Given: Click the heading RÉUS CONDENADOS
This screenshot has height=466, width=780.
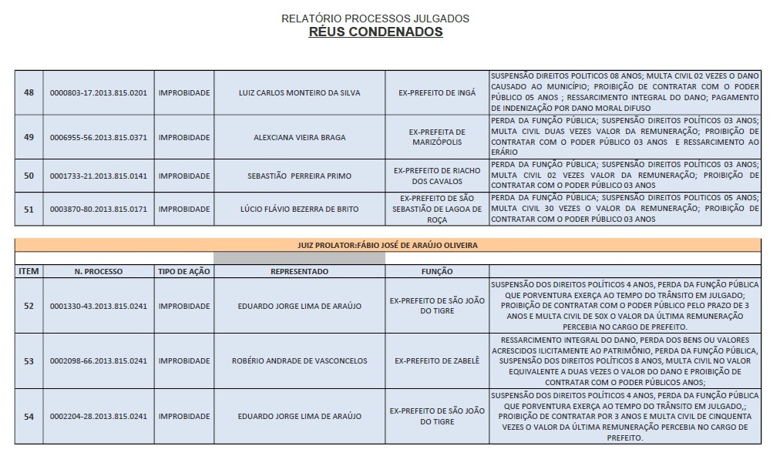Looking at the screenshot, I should [375, 32].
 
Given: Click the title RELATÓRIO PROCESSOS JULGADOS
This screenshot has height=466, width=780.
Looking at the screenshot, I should [375, 18].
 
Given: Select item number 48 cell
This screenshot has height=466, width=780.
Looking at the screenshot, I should [29, 93].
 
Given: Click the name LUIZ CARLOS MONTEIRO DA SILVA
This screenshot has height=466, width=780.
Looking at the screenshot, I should [299, 93].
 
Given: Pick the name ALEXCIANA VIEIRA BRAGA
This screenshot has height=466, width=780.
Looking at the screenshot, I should [299, 138].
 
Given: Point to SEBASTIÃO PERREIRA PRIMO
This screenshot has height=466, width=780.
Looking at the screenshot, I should [299, 176].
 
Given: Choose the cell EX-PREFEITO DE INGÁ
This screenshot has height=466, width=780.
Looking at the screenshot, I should [437, 93].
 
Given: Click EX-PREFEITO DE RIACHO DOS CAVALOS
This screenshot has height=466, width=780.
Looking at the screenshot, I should [437, 176].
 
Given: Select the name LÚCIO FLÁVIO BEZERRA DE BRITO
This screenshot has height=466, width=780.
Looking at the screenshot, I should [299, 210].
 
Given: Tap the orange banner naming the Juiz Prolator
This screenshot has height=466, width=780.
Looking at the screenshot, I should [388, 245].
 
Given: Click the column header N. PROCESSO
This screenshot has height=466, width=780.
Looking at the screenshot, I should [98, 272].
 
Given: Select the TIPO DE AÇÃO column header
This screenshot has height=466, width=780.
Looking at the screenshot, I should [183, 272].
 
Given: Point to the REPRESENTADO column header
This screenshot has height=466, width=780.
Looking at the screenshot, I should [299, 272].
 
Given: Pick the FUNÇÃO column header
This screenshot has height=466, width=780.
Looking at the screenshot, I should [437, 272].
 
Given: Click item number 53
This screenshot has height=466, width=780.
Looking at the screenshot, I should [29, 360].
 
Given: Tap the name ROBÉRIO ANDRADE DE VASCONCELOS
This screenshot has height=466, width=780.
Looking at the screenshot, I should [299, 360].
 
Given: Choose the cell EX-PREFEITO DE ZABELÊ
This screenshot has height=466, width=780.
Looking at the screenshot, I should [437, 360].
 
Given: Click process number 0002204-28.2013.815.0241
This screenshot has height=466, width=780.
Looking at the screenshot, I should [98, 417].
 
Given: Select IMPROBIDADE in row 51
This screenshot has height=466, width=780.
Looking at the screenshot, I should [183, 210].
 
